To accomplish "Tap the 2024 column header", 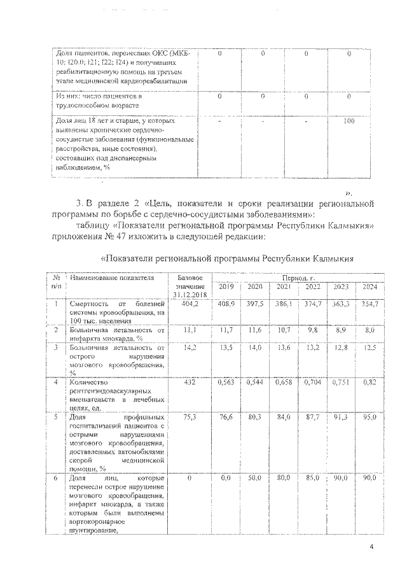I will tap(369, 287).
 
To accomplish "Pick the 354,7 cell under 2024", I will tap(369, 304).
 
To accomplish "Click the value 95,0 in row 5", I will tap(369, 417).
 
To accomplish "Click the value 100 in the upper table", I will tap(348, 120).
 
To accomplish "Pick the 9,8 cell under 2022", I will tap(312, 331).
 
